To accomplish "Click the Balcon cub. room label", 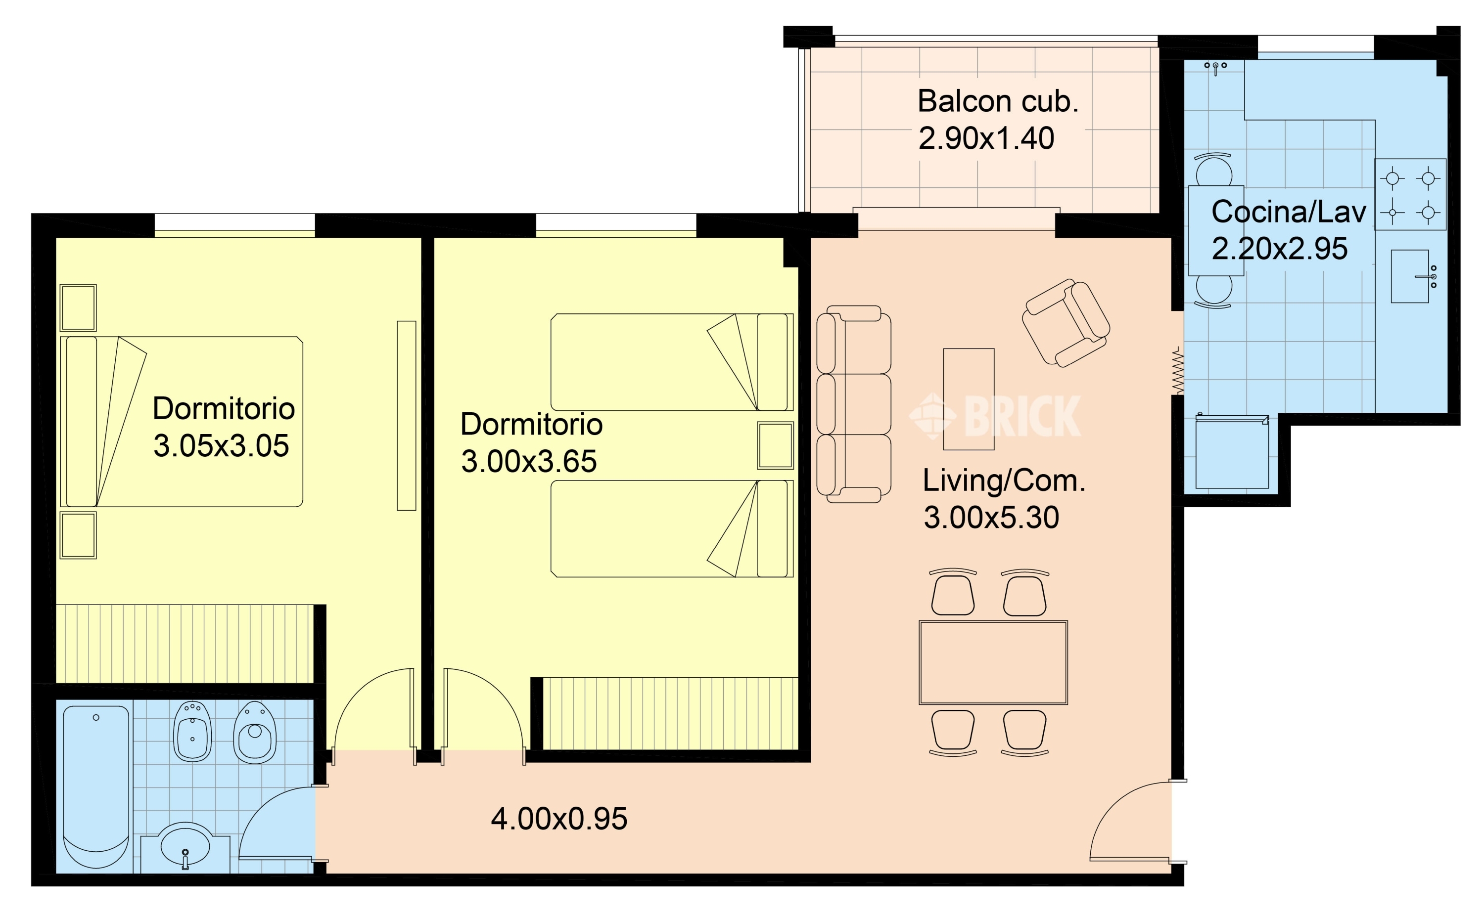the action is point(998,101).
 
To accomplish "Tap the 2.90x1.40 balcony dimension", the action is point(986,138).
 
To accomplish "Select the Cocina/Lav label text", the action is point(1288,212).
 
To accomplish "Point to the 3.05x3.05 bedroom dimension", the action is point(221,446).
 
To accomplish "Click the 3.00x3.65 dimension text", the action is point(529,462).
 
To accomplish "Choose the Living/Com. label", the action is point(1004,480).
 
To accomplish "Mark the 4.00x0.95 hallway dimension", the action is point(559,819).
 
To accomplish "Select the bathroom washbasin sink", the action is point(185,847).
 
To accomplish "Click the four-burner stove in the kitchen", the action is point(1410,194).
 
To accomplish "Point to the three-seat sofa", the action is point(853,404).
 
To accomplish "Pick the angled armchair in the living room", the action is point(1066,323).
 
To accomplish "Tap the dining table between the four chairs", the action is point(993,662).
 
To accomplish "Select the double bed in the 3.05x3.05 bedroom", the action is point(182,422).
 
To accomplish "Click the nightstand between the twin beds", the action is point(775,446).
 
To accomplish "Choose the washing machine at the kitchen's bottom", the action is point(1232,452).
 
